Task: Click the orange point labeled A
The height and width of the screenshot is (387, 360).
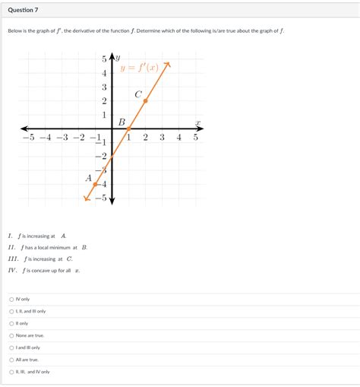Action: [95, 183]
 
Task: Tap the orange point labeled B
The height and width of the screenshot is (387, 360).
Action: [128, 128]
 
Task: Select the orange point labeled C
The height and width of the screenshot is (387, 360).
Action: [145, 100]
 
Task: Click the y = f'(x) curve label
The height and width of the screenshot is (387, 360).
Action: [141, 68]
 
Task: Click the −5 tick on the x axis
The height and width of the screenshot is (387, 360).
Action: [27, 138]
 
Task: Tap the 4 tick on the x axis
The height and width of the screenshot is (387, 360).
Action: [179, 138]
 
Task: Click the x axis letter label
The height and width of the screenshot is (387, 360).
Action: [197, 122]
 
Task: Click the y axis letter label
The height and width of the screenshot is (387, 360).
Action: [118, 57]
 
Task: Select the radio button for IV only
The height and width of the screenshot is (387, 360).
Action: [11, 299]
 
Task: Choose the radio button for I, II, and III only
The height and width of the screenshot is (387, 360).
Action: [11, 311]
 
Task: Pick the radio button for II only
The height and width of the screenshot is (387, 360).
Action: [11, 323]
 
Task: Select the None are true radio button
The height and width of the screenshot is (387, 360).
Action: [11, 335]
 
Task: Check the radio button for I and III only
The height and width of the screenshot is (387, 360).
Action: [11, 347]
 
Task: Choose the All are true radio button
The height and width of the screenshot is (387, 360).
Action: [11, 360]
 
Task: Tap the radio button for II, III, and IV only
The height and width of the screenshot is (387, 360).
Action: [11, 372]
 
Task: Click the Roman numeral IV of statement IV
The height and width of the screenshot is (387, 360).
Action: [12, 270]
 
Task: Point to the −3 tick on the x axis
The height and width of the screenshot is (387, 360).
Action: [62, 138]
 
